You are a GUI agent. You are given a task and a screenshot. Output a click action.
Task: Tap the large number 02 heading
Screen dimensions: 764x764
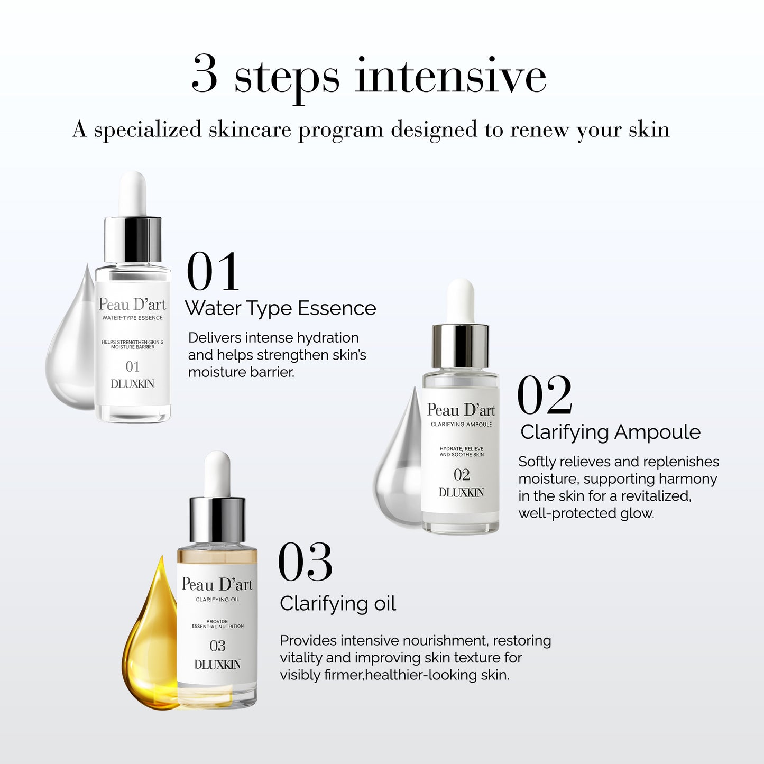(544, 395)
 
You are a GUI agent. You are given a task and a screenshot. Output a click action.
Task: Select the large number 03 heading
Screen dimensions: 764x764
(305, 563)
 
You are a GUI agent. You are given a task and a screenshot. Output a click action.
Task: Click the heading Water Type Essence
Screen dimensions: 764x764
(280, 308)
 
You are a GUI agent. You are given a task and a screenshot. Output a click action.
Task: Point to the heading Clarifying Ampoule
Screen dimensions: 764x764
(610, 432)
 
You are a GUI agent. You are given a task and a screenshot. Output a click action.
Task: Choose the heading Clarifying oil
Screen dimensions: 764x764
(338, 603)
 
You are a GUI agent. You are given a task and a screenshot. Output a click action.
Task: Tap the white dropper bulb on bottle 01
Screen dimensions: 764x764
(132, 193)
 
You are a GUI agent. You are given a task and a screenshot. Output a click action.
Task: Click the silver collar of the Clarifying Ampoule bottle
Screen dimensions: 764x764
(461, 346)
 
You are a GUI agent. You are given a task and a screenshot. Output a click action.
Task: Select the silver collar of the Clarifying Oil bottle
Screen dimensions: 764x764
(217, 519)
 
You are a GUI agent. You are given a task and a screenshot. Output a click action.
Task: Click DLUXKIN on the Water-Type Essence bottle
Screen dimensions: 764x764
(132, 384)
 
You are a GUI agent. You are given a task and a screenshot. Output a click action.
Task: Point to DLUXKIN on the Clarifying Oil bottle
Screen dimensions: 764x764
(217, 665)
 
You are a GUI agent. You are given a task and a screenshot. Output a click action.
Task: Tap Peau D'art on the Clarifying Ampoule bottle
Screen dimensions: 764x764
(461, 410)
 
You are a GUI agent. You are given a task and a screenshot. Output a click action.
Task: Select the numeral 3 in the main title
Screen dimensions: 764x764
(205, 75)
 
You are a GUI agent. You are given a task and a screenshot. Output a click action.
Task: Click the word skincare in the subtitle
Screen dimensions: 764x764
(250, 130)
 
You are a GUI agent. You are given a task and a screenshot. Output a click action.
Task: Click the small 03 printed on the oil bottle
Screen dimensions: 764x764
(217, 646)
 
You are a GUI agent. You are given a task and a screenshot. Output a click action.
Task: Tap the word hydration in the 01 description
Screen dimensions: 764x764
(328, 338)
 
